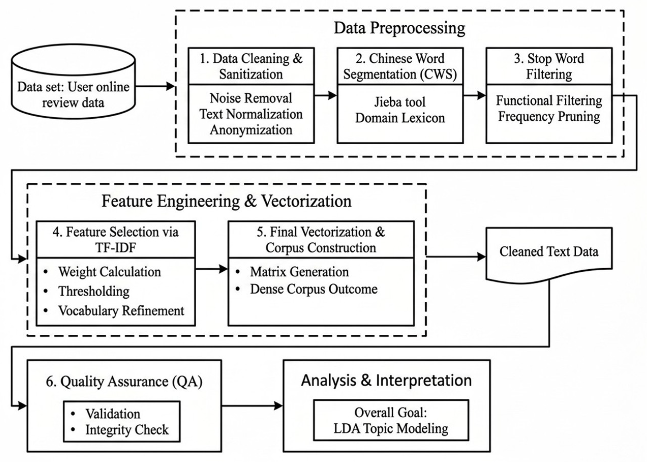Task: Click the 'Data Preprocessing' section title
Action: tap(399, 28)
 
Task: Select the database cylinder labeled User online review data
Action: tap(73, 81)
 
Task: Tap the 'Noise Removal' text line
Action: tap(251, 98)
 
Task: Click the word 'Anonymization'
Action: tap(251, 130)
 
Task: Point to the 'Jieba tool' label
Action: tap(400, 102)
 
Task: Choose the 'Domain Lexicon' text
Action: tap(400, 118)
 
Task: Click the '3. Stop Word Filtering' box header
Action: tap(549, 66)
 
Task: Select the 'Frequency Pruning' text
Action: tap(549, 117)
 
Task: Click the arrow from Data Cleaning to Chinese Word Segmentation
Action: tap(326, 96)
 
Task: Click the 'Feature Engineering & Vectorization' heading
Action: tap(226, 201)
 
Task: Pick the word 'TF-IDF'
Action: tap(116, 248)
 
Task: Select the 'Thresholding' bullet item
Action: tap(94, 291)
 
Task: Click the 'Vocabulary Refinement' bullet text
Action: tap(121, 311)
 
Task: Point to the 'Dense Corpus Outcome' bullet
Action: tap(314, 289)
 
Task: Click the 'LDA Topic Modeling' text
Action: tap(391, 429)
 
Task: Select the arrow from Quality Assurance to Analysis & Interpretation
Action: tap(252, 406)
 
